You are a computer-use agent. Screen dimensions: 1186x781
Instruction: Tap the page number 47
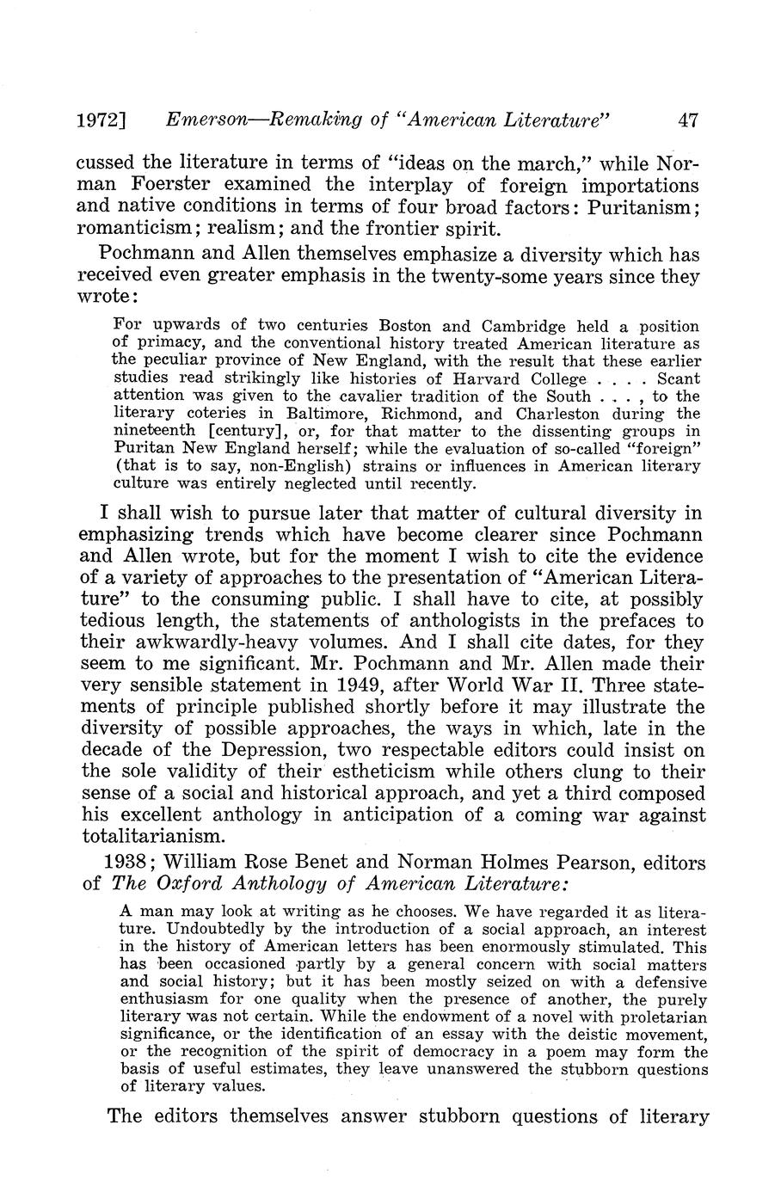coord(688,121)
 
